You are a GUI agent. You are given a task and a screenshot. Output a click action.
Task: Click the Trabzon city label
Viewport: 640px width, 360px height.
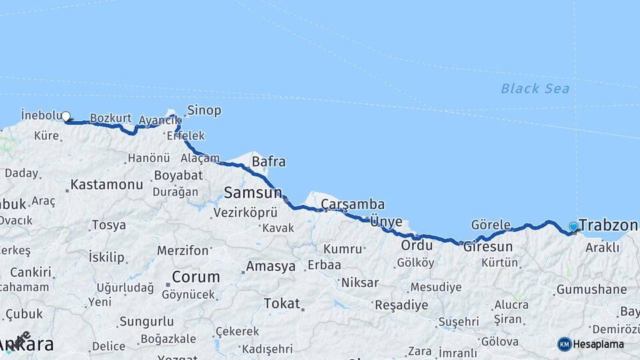pyautogui.click(x=608, y=225)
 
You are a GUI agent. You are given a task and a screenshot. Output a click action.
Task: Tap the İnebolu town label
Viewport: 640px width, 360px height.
pyautogui.click(x=41, y=114)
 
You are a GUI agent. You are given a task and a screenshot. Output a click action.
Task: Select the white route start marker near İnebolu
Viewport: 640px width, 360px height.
pyautogui.click(x=66, y=117)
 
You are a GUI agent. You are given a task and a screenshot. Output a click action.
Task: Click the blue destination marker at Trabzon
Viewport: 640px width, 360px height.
pyautogui.click(x=573, y=227)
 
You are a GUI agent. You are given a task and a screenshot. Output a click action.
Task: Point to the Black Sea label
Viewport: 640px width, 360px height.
pyautogui.click(x=535, y=88)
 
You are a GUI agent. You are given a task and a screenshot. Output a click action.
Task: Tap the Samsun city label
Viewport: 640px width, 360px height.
pyautogui.click(x=253, y=193)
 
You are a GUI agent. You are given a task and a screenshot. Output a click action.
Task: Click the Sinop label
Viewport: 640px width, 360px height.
pyautogui.click(x=204, y=110)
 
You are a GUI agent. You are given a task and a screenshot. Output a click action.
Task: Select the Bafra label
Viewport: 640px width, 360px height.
pyautogui.click(x=268, y=161)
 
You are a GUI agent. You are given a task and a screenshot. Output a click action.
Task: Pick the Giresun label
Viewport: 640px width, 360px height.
pyautogui.click(x=488, y=247)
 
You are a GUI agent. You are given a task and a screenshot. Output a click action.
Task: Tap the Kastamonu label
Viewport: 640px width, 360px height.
pyautogui.click(x=107, y=185)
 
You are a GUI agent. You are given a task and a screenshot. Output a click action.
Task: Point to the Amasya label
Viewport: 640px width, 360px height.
pyautogui.click(x=271, y=267)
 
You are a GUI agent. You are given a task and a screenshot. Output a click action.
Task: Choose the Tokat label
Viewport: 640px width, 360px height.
pyautogui.click(x=281, y=303)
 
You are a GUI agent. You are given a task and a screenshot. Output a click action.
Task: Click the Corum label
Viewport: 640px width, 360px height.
pyautogui.click(x=196, y=277)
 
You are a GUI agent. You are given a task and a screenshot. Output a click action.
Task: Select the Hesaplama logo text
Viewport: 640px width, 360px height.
pyautogui.click(x=599, y=345)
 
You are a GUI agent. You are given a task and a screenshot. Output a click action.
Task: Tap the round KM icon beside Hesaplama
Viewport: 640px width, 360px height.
pyautogui.click(x=564, y=344)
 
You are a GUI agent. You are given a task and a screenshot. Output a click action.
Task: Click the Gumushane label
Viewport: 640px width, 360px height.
pyautogui.click(x=591, y=289)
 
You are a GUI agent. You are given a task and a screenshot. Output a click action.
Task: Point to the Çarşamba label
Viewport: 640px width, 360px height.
pyautogui.click(x=353, y=204)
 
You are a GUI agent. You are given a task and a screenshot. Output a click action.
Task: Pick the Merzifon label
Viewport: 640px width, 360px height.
pyautogui.click(x=183, y=251)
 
